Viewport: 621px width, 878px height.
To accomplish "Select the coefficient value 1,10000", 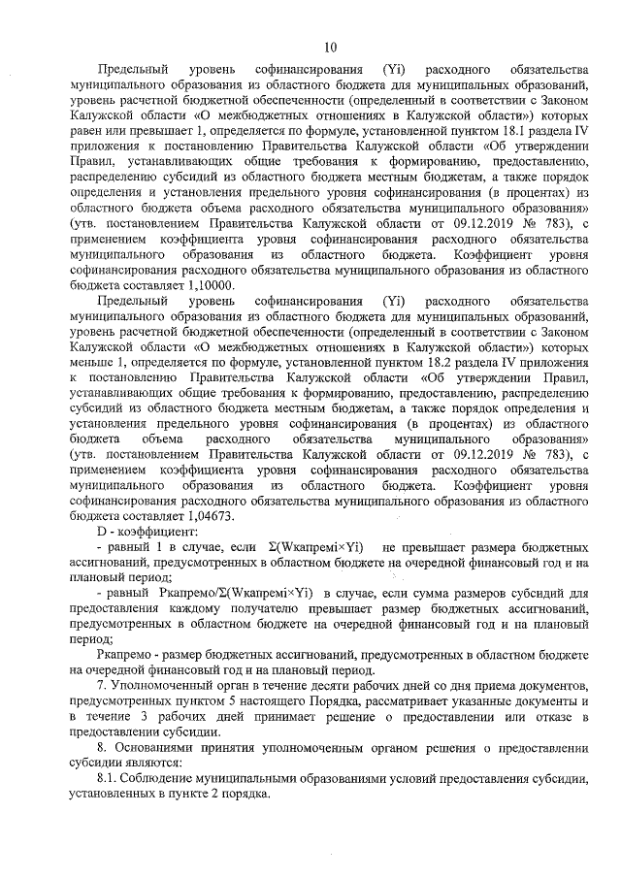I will (x=211, y=285).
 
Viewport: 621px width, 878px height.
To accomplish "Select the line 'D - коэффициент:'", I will (x=147, y=533).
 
